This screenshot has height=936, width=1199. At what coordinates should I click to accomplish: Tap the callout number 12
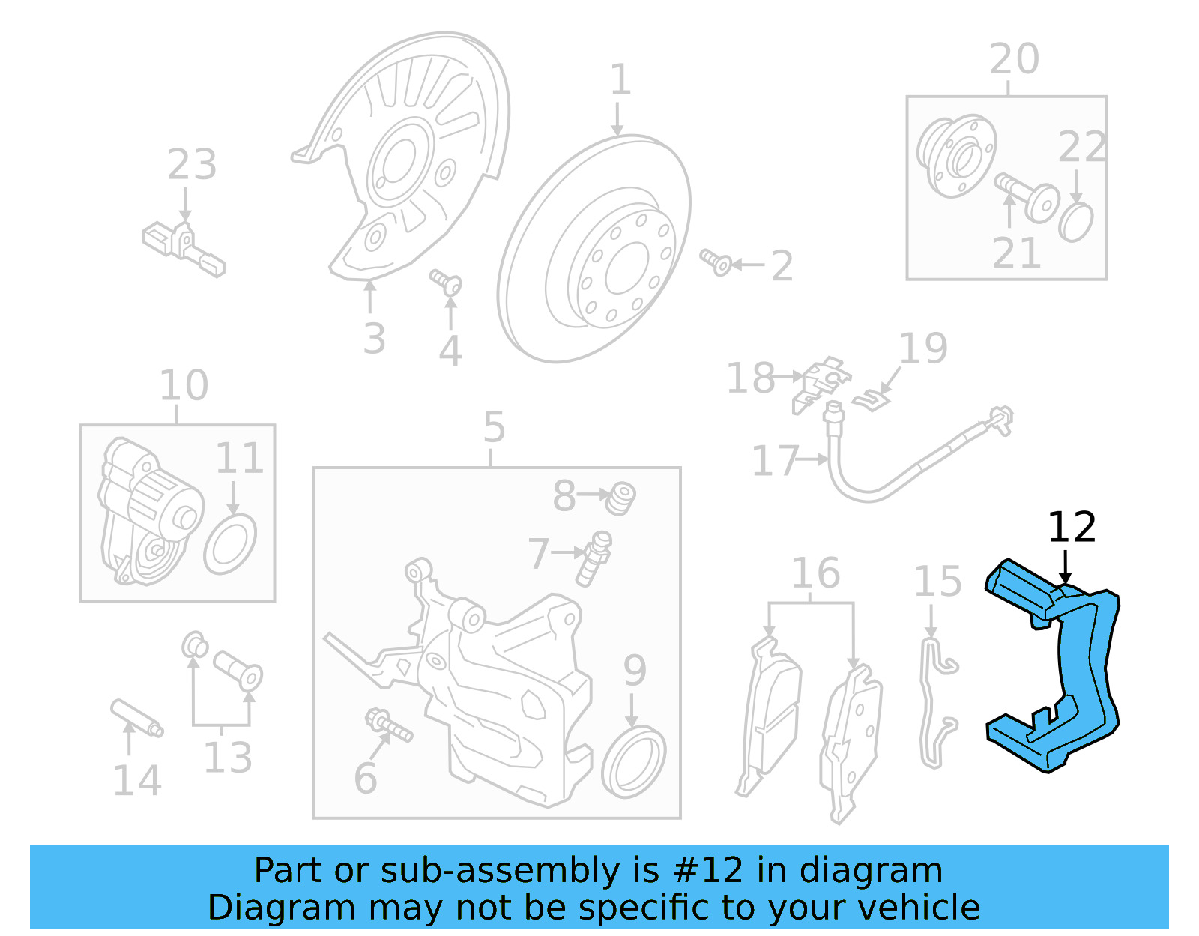[x=1072, y=528]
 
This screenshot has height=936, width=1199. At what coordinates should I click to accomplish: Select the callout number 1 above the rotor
[x=620, y=79]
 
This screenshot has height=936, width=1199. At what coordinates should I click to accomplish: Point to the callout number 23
[x=192, y=165]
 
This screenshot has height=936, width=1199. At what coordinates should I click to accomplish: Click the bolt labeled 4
[x=447, y=283]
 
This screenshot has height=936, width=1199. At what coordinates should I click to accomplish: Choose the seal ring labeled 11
[x=229, y=544]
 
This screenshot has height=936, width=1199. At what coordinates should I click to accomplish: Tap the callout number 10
[x=184, y=386]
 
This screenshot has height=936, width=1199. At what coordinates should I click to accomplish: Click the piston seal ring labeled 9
[x=633, y=764]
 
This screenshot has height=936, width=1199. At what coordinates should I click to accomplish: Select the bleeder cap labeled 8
[x=620, y=498]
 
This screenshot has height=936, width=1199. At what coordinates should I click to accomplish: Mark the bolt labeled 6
[x=387, y=725]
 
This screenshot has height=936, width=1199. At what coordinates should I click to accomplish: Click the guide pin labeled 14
[x=136, y=718]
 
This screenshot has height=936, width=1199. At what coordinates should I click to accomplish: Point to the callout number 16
[x=815, y=573]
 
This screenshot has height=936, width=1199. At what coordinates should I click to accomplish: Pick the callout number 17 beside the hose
[x=775, y=461]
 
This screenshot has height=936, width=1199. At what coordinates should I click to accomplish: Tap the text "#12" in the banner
[x=708, y=871]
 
